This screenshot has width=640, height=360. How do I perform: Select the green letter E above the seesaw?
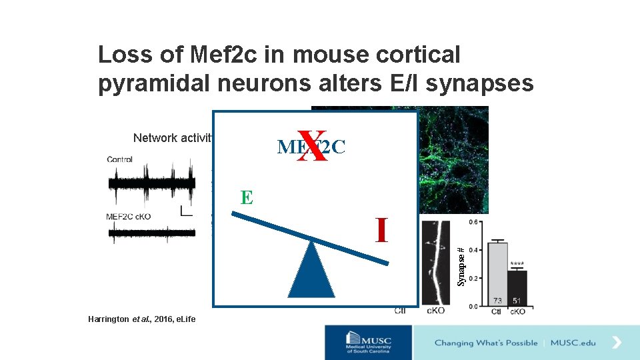247,197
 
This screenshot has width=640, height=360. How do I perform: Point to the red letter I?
381,230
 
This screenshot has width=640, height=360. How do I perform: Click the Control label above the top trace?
119,159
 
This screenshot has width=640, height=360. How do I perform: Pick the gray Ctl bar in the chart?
497,273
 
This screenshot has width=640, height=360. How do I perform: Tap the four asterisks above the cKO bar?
517,264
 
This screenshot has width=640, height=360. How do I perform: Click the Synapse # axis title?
461,267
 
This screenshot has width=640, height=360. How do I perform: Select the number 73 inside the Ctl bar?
497,300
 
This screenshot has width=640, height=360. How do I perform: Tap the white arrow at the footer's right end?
617,343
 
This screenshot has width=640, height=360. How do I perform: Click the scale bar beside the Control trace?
185,212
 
